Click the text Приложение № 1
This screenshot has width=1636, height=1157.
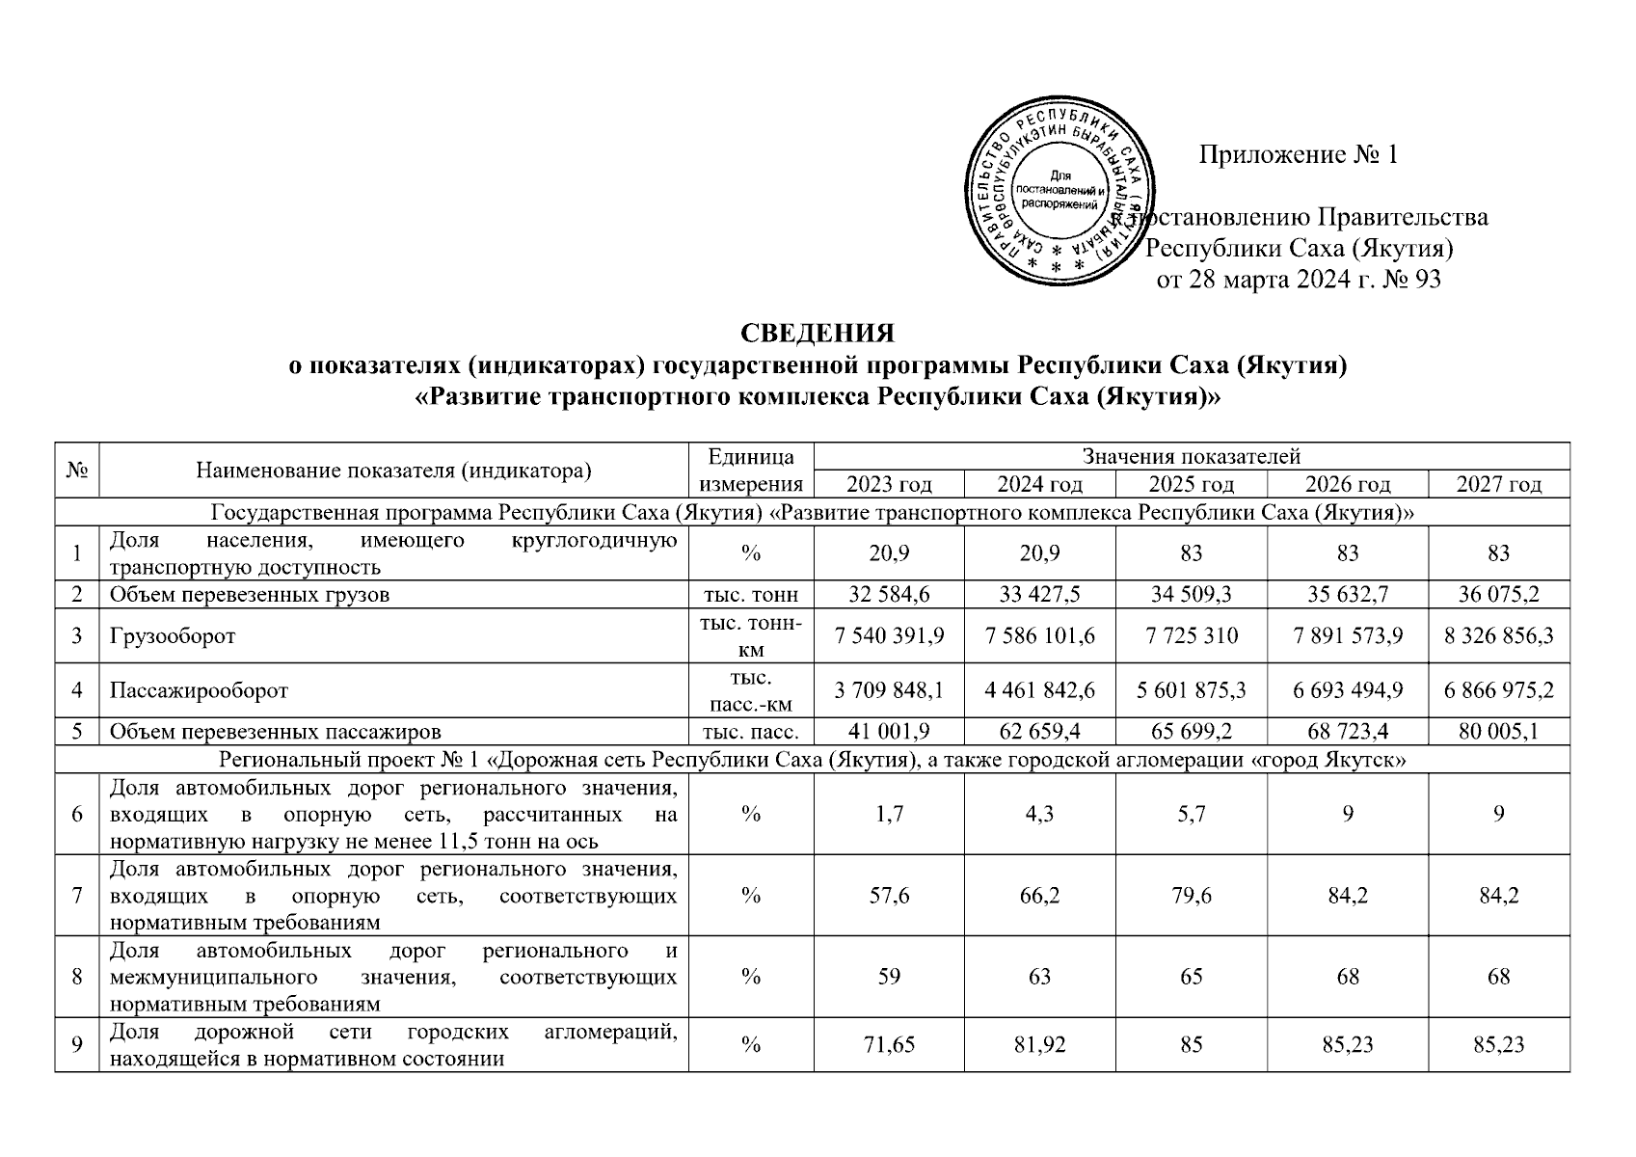pyautogui.click(x=1298, y=155)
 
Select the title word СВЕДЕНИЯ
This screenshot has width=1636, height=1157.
pyautogui.click(x=818, y=333)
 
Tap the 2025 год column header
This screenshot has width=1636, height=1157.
pyautogui.click(x=1192, y=484)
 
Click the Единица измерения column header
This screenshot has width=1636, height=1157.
pyautogui.click(x=751, y=470)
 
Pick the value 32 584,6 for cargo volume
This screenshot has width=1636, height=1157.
pyautogui.click(x=889, y=595)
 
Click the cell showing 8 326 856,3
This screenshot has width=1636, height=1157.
pyautogui.click(x=1498, y=636)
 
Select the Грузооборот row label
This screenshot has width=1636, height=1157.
pyautogui.click(x=173, y=636)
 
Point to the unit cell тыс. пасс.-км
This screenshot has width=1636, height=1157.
pyautogui.click(x=751, y=691)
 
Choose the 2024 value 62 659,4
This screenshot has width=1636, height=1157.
pyautogui.click(x=1039, y=732)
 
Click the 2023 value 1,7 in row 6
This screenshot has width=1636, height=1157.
pyautogui.click(x=889, y=814)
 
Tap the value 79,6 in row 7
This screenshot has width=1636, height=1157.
pyautogui.click(x=1192, y=896)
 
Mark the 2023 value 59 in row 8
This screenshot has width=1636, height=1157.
pyautogui.click(x=889, y=977)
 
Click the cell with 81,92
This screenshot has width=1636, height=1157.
pyautogui.click(x=1039, y=1044)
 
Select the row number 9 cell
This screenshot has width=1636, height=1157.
pyautogui.click(x=77, y=1044)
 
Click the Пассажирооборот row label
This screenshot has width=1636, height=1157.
pyautogui.click(x=199, y=691)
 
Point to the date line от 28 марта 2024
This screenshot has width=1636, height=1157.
pyautogui.click(x=1298, y=281)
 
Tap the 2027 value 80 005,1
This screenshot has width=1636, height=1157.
pyautogui.click(x=1498, y=732)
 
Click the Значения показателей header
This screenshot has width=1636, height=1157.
pyautogui.click(x=1192, y=456)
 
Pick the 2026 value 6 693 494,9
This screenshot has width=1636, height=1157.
pyautogui.click(x=1348, y=691)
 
